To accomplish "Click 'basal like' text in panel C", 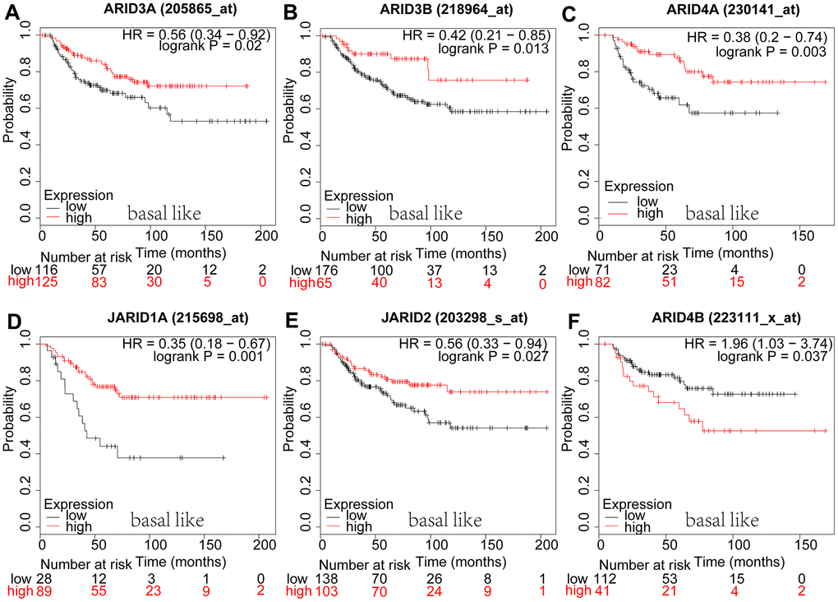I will click(722, 214).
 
